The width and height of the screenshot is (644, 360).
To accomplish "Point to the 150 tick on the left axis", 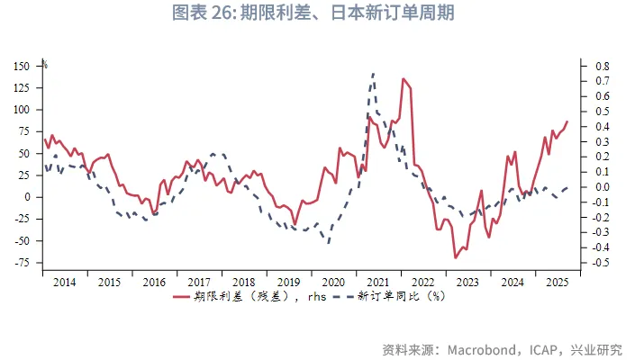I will (23, 66).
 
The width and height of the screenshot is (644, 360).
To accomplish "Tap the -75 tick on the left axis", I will (23, 263).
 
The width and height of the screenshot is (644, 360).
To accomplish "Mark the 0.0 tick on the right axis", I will (602, 187).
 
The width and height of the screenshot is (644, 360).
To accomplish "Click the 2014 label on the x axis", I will (64, 282).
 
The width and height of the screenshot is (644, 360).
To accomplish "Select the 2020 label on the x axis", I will (333, 282).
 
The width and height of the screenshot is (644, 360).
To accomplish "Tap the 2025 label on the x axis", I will (558, 282).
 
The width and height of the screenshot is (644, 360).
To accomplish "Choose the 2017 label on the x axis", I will (199, 282).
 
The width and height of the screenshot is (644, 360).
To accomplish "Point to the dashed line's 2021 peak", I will (373, 74).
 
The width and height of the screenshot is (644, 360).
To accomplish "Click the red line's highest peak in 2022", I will (404, 78).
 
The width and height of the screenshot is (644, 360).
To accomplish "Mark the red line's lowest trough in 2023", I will (456, 257).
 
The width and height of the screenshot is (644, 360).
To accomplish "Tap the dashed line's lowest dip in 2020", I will (329, 242).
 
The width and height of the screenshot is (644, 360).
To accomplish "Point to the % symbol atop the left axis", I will (45, 65).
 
